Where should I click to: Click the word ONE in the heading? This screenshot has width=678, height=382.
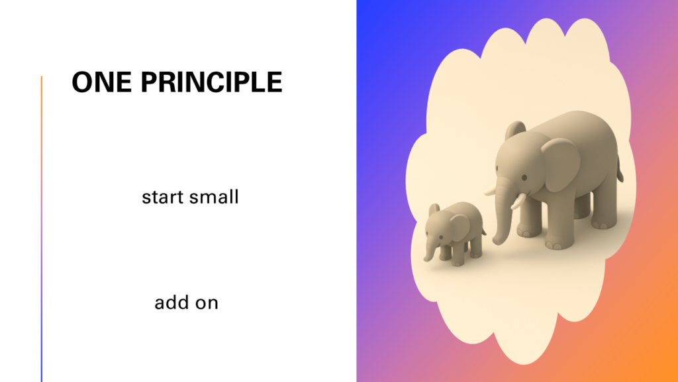click(x=101, y=82)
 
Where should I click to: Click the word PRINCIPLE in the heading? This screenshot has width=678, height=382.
click(x=211, y=82)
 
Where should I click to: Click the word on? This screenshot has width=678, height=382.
click(x=207, y=304)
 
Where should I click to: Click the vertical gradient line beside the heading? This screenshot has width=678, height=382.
click(x=42, y=229)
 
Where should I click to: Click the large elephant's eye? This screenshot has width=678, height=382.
click(x=524, y=178)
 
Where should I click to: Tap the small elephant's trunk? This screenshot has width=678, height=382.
click(x=430, y=250)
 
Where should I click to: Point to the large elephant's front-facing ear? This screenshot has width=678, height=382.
click(x=560, y=164)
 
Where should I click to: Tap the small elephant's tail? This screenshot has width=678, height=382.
click(x=483, y=230)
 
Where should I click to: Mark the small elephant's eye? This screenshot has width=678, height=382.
click(x=441, y=237)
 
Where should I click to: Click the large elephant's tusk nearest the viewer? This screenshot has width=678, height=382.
click(x=518, y=202)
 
